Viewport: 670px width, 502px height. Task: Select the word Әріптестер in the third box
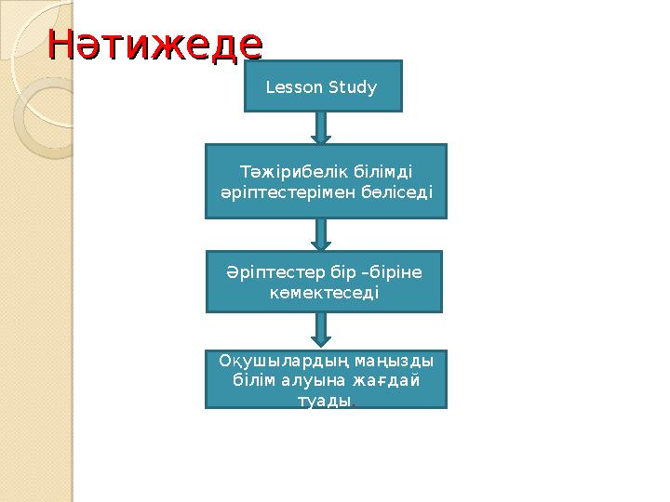[275, 271]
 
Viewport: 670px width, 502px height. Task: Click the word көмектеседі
[324, 292]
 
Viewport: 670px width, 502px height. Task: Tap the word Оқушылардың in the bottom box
[265, 359]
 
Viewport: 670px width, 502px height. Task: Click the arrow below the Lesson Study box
[322, 126]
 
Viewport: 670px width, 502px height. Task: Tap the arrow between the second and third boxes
[322, 234]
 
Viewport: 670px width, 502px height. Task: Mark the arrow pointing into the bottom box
[322, 328]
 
